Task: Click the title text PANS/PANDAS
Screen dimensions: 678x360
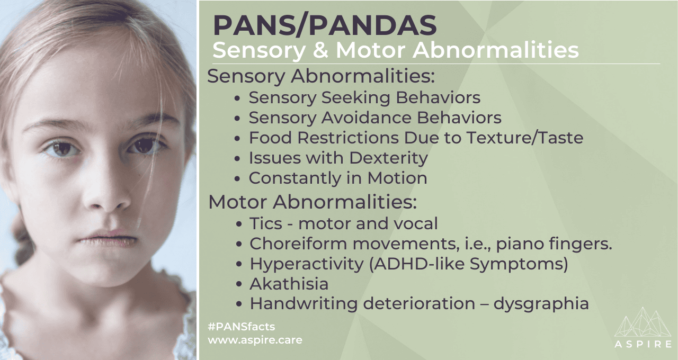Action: tap(325, 25)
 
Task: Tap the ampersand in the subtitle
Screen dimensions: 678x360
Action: tap(321, 50)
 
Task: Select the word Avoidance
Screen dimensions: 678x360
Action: tap(366, 118)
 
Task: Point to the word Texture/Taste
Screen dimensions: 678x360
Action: tap(524, 138)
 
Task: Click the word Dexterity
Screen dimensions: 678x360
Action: tap(388, 158)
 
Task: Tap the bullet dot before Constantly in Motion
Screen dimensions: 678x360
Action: tap(237, 179)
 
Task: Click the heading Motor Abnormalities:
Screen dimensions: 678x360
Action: tap(313, 202)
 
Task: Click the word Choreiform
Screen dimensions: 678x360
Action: tap(298, 244)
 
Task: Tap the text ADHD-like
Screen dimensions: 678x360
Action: tap(418, 264)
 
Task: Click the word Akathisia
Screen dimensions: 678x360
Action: tap(289, 284)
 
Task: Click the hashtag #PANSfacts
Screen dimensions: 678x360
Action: tap(242, 327)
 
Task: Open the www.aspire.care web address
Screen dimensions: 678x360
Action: tap(255, 340)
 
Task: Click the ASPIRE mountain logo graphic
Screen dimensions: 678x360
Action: tap(643, 327)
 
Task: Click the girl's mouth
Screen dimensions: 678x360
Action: tap(108, 238)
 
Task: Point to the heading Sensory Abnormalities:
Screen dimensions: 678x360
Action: tap(321, 76)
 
